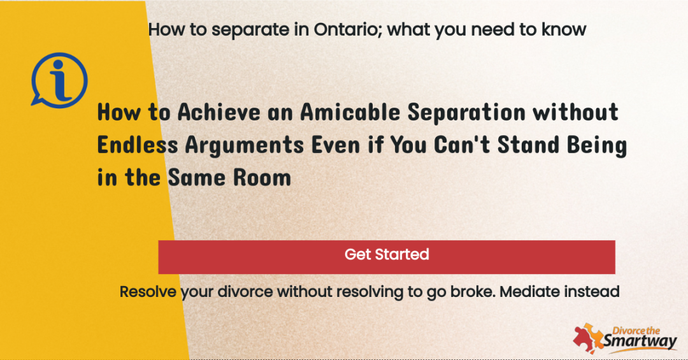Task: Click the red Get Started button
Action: [x=387, y=257]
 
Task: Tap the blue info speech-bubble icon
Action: [x=59, y=80]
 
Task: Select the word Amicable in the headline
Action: [x=350, y=112]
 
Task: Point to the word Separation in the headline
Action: [x=466, y=113]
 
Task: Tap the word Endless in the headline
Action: [x=138, y=145]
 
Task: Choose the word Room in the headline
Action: [x=262, y=178]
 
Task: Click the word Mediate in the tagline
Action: [x=529, y=292]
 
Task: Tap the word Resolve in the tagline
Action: [x=148, y=292]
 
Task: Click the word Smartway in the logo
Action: [x=640, y=341]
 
